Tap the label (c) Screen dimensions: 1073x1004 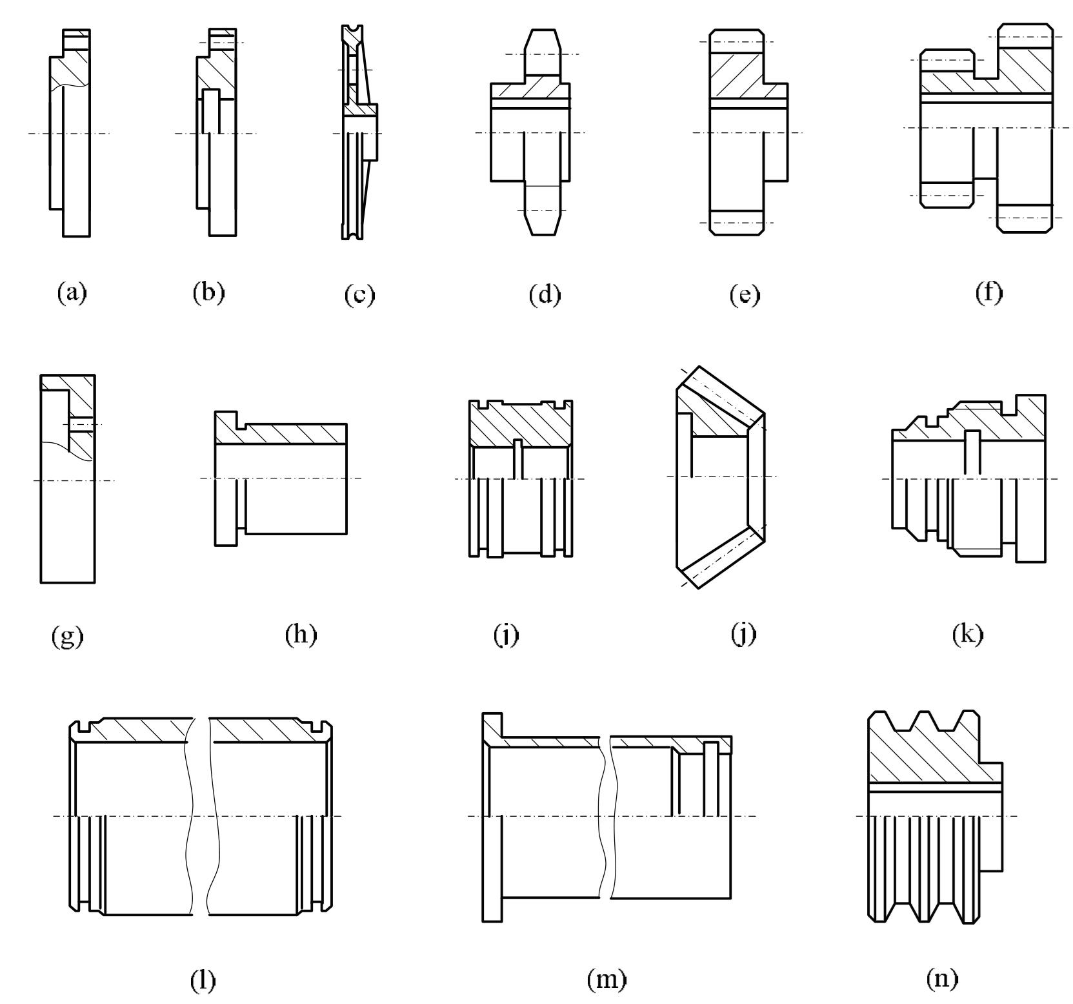tap(359, 294)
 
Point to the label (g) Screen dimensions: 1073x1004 tap(68, 637)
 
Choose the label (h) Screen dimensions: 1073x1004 tap(301, 635)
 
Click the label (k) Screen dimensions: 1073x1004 tap(968, 635)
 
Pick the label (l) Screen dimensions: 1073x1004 tap(203, 980)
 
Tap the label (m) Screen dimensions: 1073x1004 tap(607, 980)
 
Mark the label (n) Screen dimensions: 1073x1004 tap(942, 979)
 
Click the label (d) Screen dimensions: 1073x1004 tap(545, 294)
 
